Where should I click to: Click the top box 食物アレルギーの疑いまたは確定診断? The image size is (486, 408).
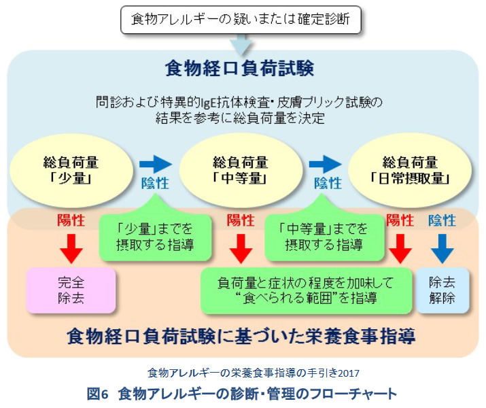tap(241, 20)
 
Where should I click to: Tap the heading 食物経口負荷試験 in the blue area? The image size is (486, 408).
tap(239, 68)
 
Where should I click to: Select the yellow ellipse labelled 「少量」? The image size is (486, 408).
tap(71, 170)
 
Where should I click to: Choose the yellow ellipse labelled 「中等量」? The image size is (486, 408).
tap(241, 170)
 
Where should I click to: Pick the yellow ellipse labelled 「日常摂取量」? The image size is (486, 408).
tap(410, 170)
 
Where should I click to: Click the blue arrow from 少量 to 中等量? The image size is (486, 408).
tap(156, 165)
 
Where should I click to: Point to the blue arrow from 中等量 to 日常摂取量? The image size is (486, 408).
tap(325, 165)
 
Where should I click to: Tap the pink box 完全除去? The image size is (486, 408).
tap(71, 290)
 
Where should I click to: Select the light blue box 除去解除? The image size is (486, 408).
tap(442, 290)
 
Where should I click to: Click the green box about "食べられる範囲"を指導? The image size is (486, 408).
tap(307, 291)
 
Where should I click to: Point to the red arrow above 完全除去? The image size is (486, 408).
tap(71, 249)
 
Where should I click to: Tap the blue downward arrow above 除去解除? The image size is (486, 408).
tap(442, 249)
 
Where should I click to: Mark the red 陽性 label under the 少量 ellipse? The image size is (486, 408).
tap(71, 220)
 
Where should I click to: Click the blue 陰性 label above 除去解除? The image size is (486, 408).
tap(442, 220)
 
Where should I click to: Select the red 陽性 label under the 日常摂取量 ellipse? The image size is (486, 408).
tap(400, 220)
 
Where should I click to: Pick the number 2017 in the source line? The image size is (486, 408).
tap(349, 373)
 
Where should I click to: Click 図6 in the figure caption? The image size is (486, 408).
tap(97, 394)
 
